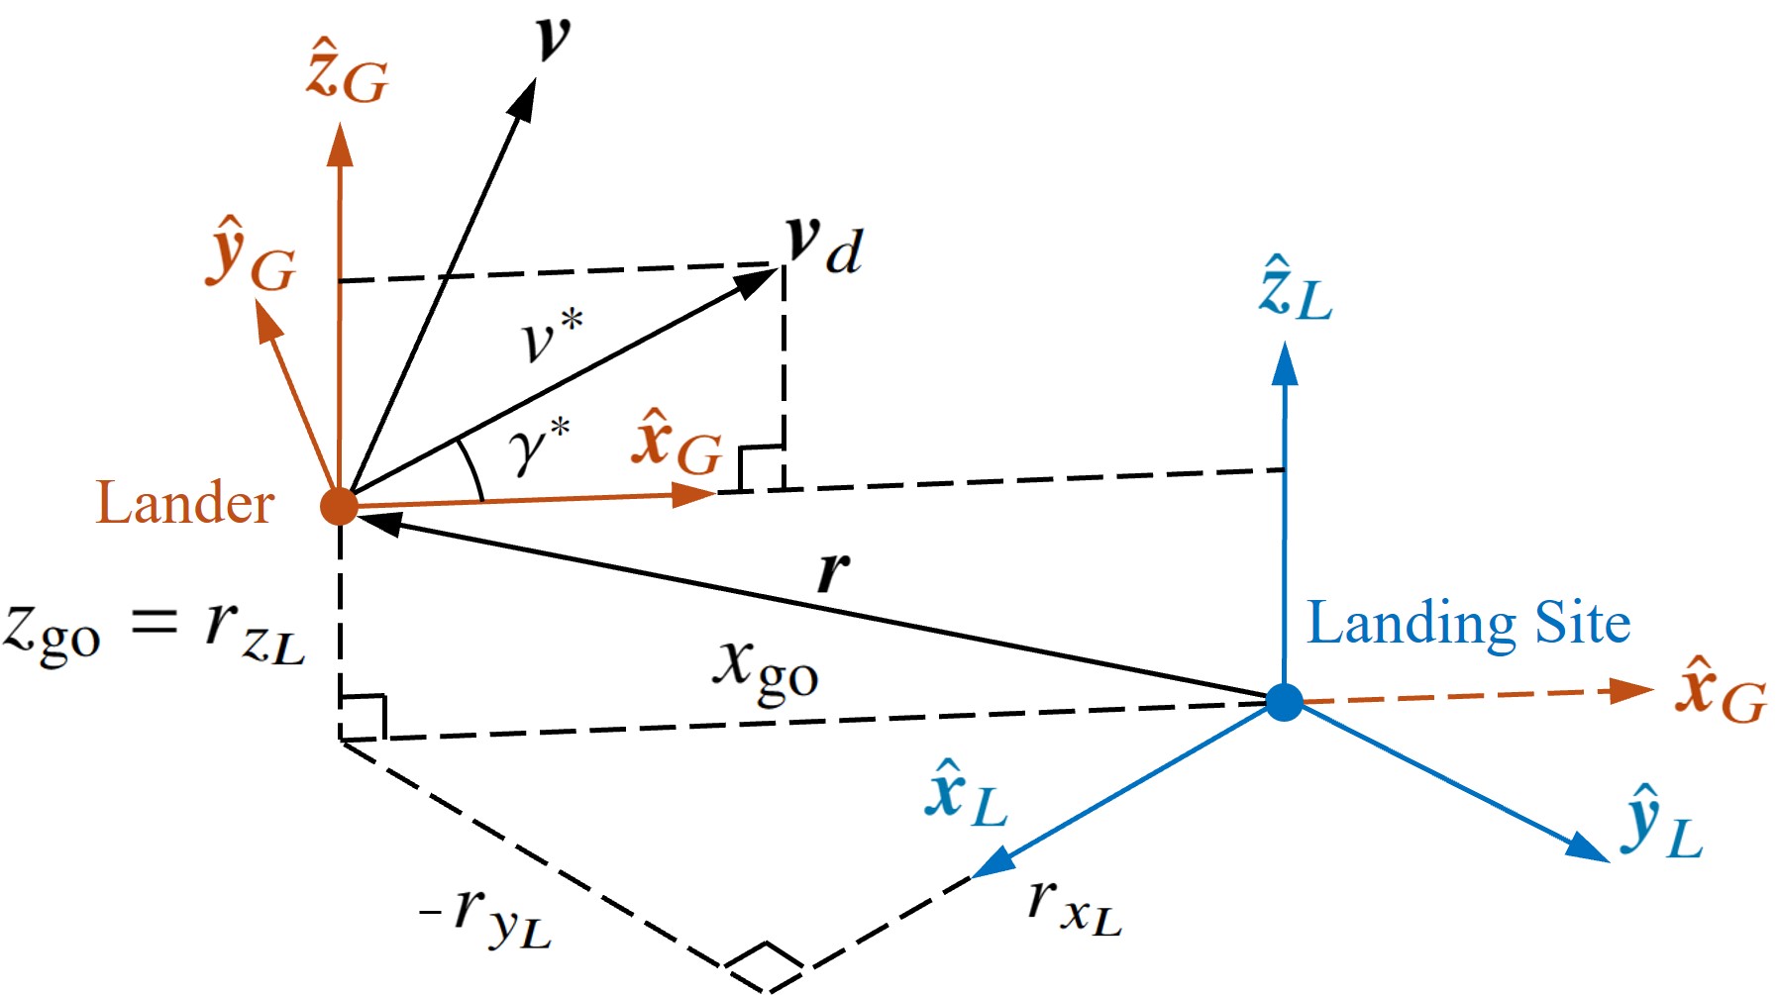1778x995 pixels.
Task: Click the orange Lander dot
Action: click(339, 506)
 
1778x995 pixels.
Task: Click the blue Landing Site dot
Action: click(1284, 702)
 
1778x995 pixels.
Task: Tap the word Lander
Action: click(184, 503)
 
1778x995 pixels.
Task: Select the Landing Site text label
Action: click(1468, 624)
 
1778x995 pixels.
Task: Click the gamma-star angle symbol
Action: click(540, 446)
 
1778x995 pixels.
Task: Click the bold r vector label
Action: click(833, 571)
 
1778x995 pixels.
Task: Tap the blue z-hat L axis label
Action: click(1296, 289)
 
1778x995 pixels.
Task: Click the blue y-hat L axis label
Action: click(1662, 822)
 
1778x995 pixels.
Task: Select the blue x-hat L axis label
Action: click(966, 794)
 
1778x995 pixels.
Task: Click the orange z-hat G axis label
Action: click(347, 72)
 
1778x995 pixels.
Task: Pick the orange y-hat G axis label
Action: click(252, 254)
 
